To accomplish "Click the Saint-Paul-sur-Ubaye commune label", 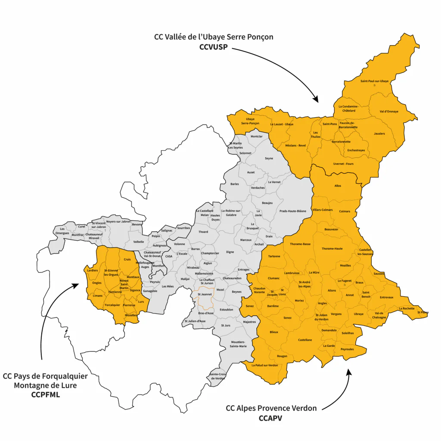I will pyautogui.click(x=374, y=81).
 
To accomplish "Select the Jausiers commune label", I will pyautogui.click(x=379, y=134).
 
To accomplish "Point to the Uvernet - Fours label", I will pyautogui.click(x=343, y=164).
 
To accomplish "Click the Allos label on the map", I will pyautogui.click(x=338, y=186).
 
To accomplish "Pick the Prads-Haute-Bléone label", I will pyautogui.click(x=293, y=211).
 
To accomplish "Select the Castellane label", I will pyautogui.click(x=305, y=340).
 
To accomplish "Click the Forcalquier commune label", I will pyautogui.click(x=112, y=305).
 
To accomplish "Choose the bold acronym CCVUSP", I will pyautogui.click(x=214, y=47).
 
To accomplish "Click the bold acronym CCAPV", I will pyautogui.click(x=270, y=418).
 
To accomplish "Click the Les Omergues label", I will pyautogui.click(x=62, y=231).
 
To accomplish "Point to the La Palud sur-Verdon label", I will pyautogui.click(x=264, y=365).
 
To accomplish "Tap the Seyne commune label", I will pyautogui.click(x=269, y=158).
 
